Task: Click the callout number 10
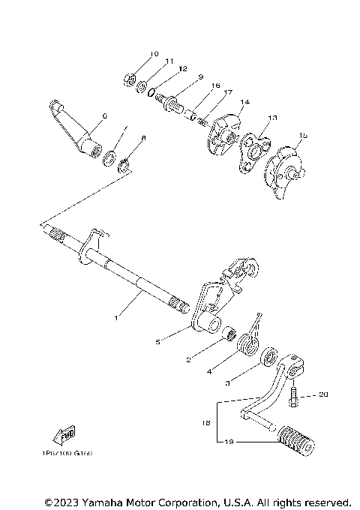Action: pos(154,54)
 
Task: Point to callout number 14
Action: pos(244,101)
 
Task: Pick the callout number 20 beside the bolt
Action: pos(323,394)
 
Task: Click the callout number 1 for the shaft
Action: pos(116,318)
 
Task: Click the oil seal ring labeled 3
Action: pos(267,356)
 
